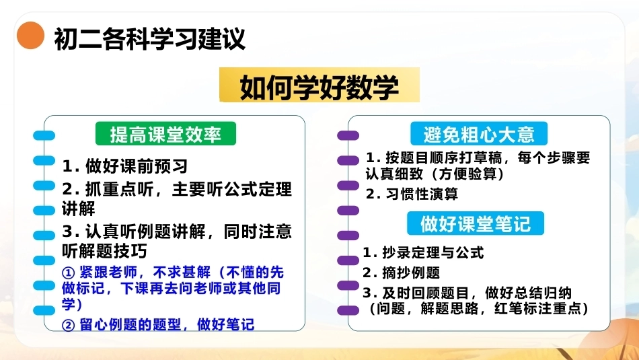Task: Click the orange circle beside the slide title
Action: pos(30,36)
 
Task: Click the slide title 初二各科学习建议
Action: pos(149,39)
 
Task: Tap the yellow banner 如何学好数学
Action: pos(319,85)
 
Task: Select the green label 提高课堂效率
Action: pos(166,134)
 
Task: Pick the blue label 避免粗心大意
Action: pos(479,134)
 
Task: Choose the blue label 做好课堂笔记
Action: pos(476,223)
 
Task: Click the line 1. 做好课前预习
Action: pos(125,166)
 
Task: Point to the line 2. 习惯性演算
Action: pos(412,194)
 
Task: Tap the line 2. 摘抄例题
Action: pos(402,273)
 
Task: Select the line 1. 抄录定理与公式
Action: pos(423,252)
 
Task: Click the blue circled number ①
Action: pos(69,273)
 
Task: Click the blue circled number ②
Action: pos(69,325)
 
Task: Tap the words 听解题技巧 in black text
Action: pos(105,251)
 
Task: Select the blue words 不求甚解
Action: pos(182,272)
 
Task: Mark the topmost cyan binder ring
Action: pos(44,135)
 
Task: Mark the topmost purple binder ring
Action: pos(348,135)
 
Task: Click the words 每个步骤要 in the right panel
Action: pos(554,157)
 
